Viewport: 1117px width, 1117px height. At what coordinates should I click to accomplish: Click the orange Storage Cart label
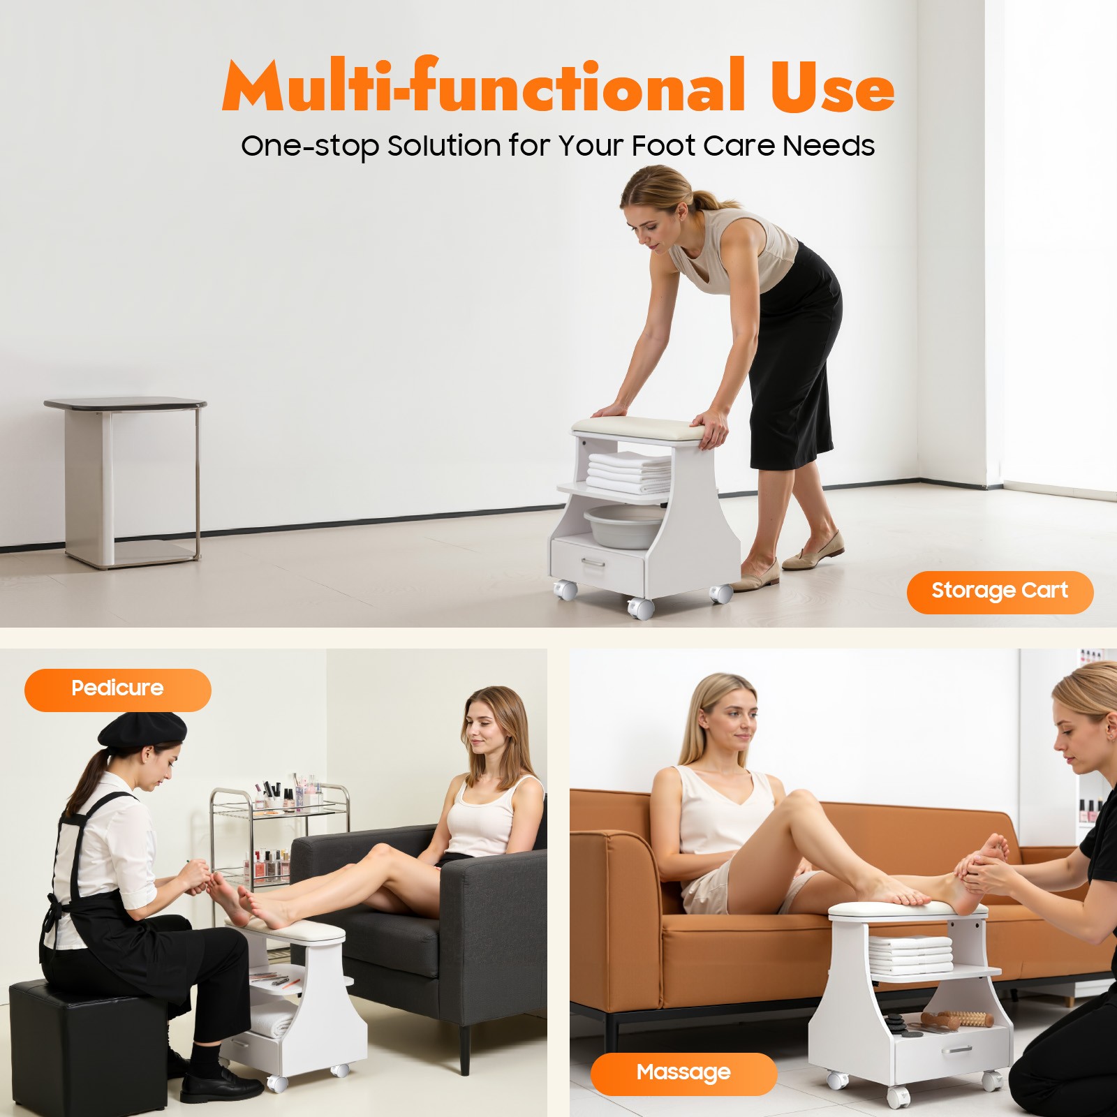(x=999, y=592)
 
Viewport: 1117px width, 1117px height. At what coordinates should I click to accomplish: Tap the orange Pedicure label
(x=117, y=689)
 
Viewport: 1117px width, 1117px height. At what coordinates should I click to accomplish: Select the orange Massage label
(x=683, y=1073)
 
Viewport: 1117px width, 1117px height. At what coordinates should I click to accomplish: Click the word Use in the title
(x=831, y=87)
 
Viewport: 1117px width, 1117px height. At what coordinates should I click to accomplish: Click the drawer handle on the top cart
(x=594, y=563)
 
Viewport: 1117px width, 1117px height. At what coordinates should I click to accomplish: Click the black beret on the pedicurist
(x=142, y=729)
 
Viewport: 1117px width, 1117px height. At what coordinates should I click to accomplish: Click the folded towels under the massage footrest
(x=911, y=954)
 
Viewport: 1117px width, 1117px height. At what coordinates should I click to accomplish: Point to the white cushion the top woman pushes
(x=639, y=428)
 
